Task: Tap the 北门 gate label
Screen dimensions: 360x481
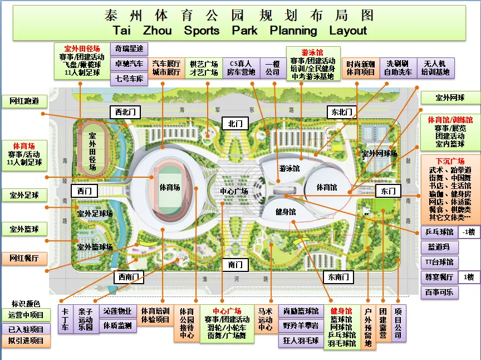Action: (x=235, y=123)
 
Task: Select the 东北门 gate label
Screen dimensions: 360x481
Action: (x=340, y=112)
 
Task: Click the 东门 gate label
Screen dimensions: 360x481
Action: (x=387, y=191)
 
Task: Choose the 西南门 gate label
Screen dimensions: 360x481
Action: (x=127, y=276)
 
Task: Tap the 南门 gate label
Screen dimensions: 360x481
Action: (x=235, y=264)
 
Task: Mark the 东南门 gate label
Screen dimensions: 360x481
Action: (x=338, y=276)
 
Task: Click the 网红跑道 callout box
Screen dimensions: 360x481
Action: (x=24, y=101)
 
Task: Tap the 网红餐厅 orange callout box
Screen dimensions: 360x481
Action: (x=24, y=259)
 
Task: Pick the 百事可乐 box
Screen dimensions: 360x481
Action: (x=439, y=291)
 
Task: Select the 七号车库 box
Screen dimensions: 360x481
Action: (x=129, y=79)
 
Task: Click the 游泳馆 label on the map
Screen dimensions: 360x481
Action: (x=289, y=168)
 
